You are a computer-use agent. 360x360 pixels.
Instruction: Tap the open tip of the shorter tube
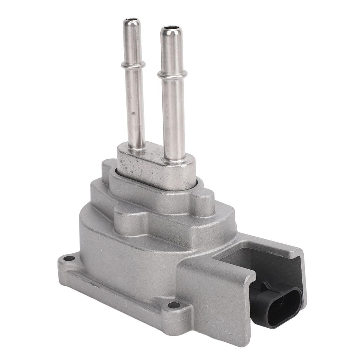coord(172,28)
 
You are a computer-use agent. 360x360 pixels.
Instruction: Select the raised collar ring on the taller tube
coord(133,65)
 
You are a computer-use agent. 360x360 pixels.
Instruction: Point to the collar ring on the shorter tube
coord(172,75)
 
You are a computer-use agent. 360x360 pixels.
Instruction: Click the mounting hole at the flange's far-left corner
coord(69,258)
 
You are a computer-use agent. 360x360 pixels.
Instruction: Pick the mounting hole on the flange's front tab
coord(174,305)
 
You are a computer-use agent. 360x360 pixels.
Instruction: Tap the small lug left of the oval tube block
coord(107,169)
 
